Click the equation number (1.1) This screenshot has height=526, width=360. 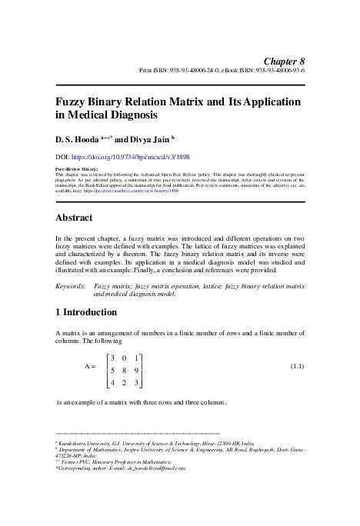(x=296, y=367)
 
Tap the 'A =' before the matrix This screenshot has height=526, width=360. (x=89, y=368)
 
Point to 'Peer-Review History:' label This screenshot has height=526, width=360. (x=78, y=168)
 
